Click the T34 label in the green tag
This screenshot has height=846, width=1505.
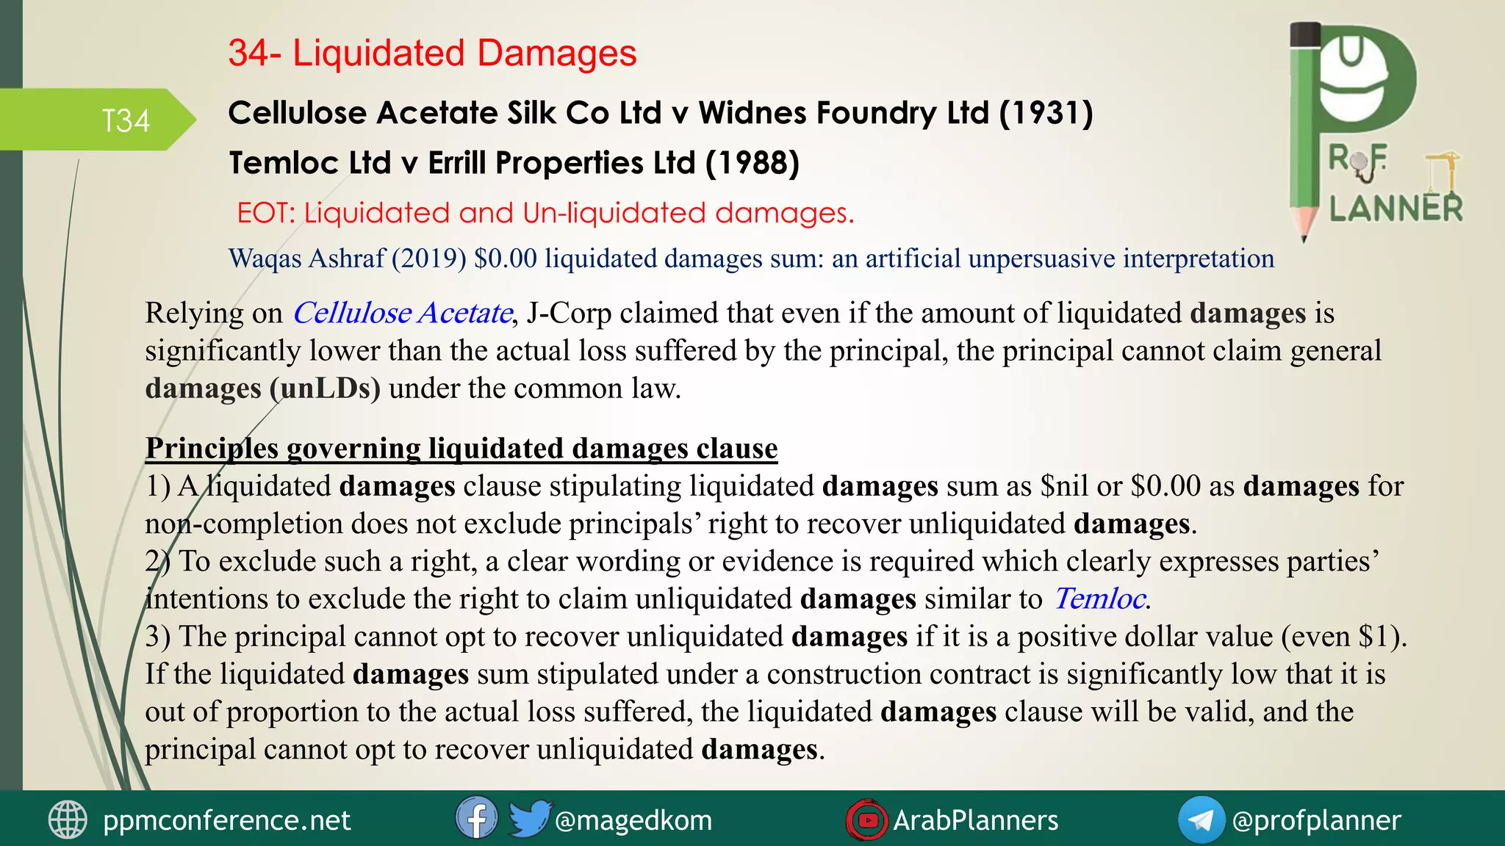pyautogui.click(x=126, y=121)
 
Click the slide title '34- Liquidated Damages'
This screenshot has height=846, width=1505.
pyautogui.click(x=432, y=54)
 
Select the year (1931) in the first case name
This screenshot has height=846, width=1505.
pyautogui.click(x=1046, y=113)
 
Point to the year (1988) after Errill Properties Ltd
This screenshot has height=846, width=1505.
pyautogui.click(x=752, y=163)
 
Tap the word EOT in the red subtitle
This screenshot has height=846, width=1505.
pyautogui.click(x=265, y=214)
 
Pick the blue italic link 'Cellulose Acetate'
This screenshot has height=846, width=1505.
pyautogui.click(x=402, y=314)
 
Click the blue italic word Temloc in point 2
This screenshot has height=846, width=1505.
pyautogui.click(x=1099, y=599)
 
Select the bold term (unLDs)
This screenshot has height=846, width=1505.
pyautogui.click(x=325, y=388)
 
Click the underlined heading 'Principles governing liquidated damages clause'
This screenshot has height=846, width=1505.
pyautogui.click(x=461, y=449)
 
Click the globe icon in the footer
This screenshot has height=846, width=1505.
pyautogui.click(x=68, y=820)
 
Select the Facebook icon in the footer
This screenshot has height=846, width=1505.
pyautogui.click(x=475, y=818)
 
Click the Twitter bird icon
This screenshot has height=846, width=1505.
pyautogui.click(x=528, y=818)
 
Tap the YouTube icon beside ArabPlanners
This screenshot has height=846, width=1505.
pyautogui.click(x=866, y=820)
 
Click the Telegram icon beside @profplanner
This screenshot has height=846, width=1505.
pyautogui.click(x=1200, y=820)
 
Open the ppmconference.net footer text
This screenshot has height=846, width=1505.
pyautogui.click(x=226, y=820)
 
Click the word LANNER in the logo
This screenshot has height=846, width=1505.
pyautogui.click(x=1396, y=209)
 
